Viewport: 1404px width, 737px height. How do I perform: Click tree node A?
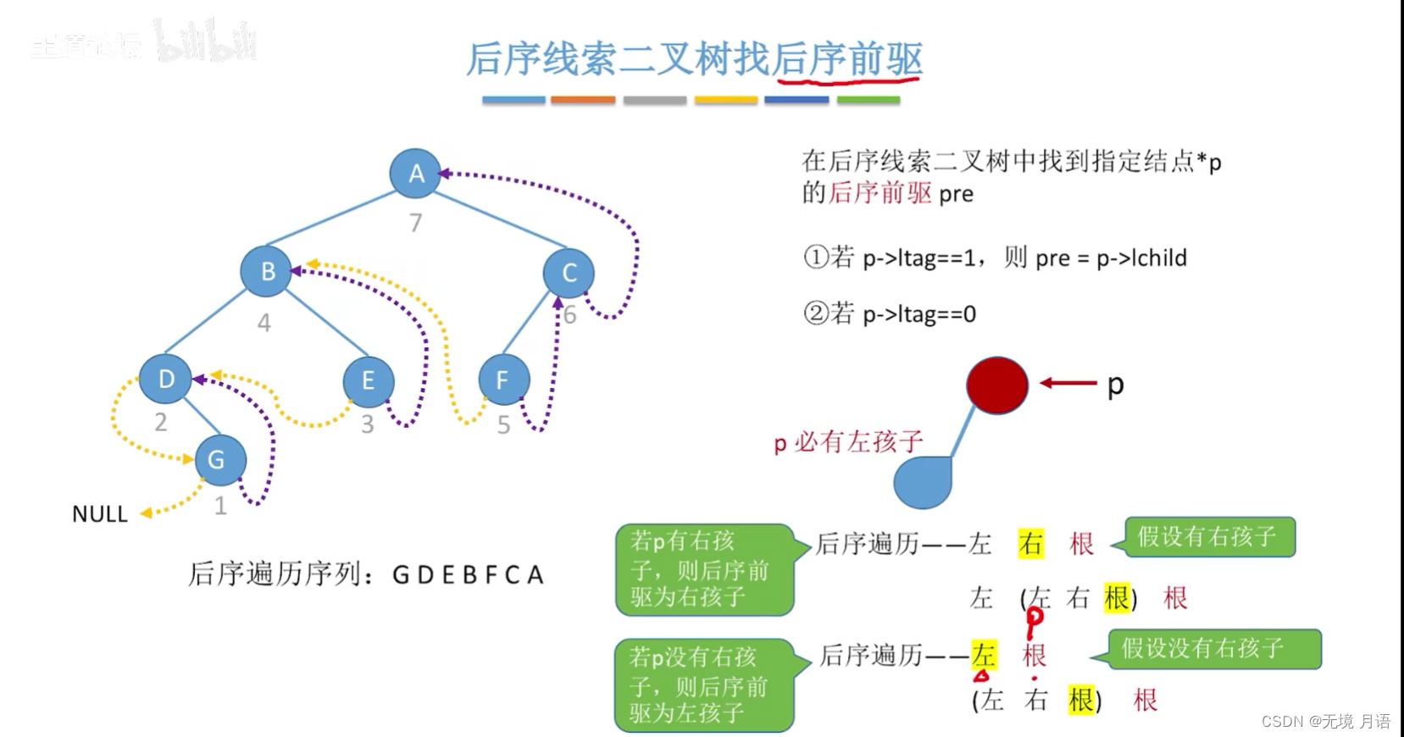click(415, 173)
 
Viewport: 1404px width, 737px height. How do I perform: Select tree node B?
click(266, 271)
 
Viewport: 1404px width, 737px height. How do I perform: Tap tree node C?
click(569, 273)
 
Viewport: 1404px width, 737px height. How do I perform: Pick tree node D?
click(165, 379)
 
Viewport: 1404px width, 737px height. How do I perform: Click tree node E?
click(369, 380)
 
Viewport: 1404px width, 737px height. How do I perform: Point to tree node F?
click(503, 380)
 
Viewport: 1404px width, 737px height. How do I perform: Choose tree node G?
click(219, 459)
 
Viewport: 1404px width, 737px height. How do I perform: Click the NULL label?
click(100, 514)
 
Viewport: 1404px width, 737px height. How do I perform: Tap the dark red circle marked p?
click(997, 385)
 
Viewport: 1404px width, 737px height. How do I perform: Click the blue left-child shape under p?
click(924, 482)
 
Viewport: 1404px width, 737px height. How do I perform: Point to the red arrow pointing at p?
click(1068, 383)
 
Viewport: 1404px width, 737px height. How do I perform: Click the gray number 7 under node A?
click(415, 223)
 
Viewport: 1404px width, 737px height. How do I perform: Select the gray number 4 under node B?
click(264, 323)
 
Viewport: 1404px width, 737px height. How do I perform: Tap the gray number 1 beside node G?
click(220, 507)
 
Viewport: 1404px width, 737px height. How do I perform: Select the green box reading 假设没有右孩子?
click(1213, 649)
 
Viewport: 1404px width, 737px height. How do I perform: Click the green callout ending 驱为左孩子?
click(703, 685)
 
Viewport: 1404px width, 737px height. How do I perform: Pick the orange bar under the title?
click(583, 100)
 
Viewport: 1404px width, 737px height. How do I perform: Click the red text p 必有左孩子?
click(848, 442)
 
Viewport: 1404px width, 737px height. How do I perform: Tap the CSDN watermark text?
click(1325, 721)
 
